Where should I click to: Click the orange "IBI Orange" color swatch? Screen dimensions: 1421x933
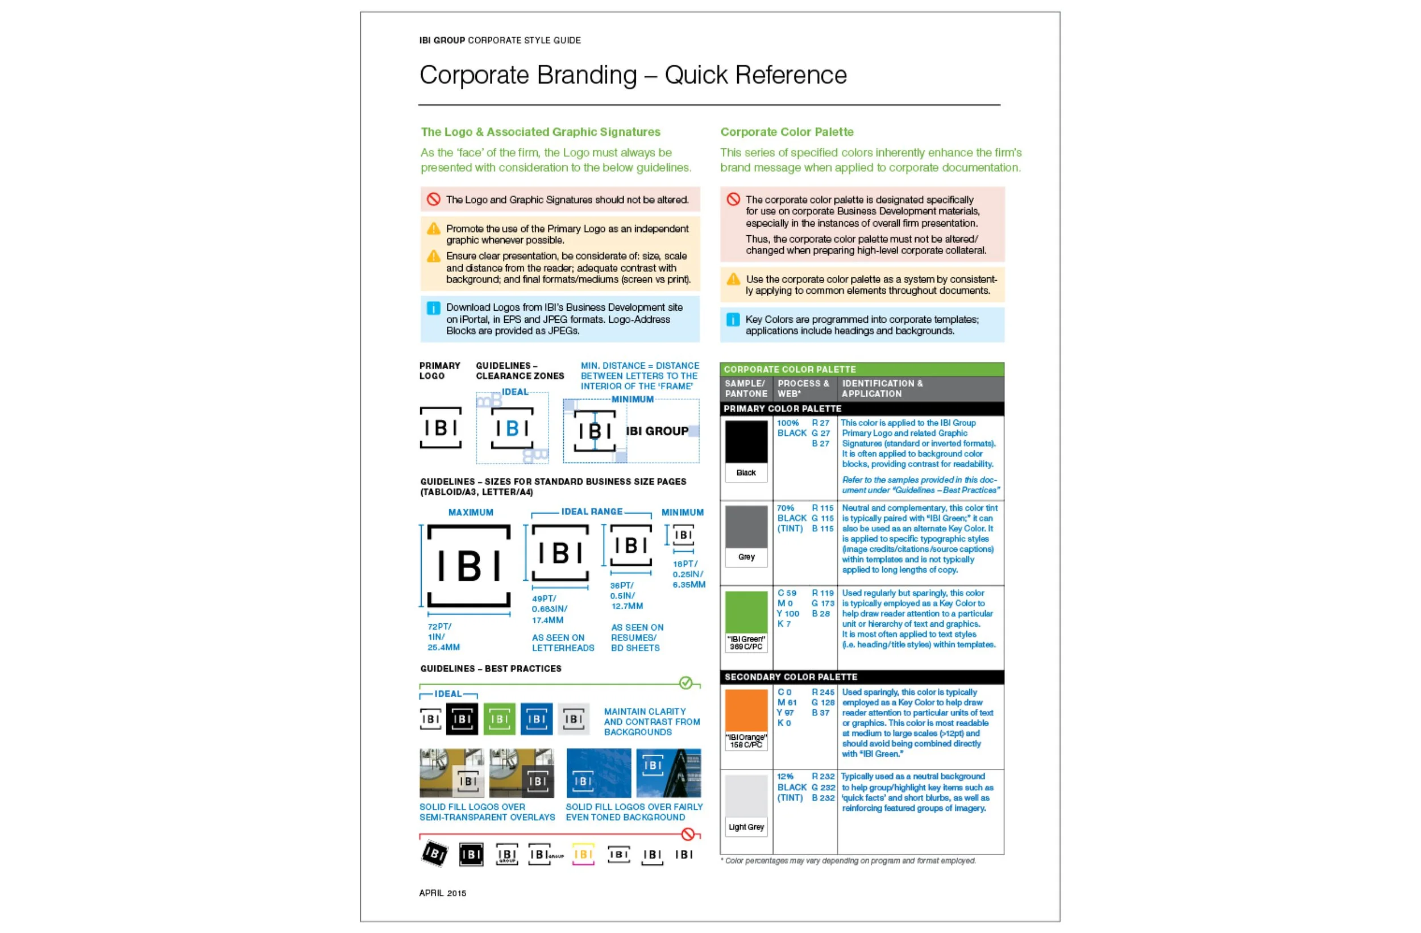click(746, 710)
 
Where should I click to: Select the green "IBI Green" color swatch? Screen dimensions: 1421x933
click(746, 612)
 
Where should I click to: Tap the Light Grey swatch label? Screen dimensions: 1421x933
click(746, 827)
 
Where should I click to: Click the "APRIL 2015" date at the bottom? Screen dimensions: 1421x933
click(442, 893)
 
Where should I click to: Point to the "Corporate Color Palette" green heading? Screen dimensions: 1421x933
click(786, 132)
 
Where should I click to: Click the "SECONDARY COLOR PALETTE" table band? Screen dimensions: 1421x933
click(791, 677)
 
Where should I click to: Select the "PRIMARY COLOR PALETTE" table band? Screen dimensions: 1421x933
click(782, 409)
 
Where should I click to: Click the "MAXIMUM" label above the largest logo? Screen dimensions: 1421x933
click(471, 512)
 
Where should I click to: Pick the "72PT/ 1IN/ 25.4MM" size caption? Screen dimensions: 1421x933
click(443, 637)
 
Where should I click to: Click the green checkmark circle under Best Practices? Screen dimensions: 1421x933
click(685, 683)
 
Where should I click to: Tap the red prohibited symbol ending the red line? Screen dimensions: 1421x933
click(688, 834)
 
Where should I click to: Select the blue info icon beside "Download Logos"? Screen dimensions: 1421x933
click(434, 308)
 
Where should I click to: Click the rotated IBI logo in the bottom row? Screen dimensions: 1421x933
click(434, 853)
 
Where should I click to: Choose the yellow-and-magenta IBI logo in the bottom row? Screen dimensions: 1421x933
click(583, 854)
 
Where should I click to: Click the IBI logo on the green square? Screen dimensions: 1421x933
click(499, 719)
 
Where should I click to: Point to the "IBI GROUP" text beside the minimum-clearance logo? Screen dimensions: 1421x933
click(657, 431)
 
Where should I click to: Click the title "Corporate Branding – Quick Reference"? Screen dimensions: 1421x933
click(633, 75)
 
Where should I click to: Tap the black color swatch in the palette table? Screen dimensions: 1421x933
click(746, 441)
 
